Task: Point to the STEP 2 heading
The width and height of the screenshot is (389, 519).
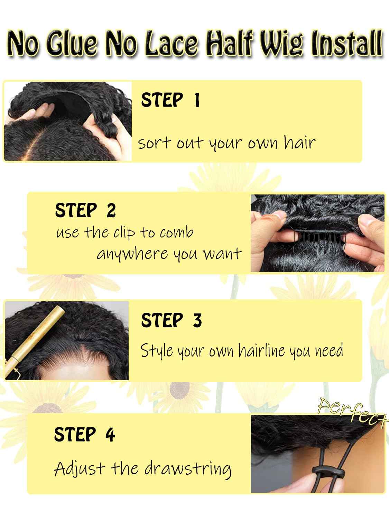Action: point(85,210)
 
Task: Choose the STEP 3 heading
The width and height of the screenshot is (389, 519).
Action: point(171,320)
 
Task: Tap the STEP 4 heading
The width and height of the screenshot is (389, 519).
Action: point(84,434)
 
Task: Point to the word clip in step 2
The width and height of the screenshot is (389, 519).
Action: point(124,233)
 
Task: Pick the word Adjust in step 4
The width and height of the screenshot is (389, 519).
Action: point(79,469)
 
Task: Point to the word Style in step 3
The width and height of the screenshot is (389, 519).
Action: point(157,351)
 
